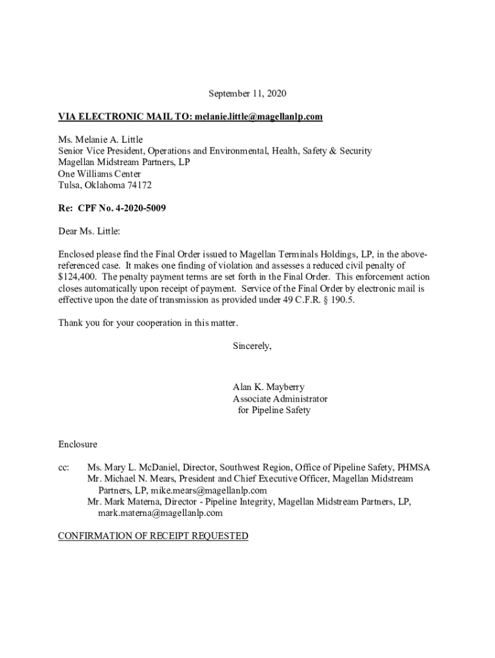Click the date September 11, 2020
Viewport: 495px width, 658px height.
(248, 94)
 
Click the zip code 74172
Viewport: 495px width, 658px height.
(139, 185)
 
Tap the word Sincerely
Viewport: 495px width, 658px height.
(252, 346)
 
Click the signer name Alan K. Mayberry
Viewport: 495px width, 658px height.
(269, 387)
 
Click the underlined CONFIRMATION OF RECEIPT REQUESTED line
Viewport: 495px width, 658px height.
(153, 536)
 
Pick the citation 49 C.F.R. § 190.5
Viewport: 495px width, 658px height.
(318, 300)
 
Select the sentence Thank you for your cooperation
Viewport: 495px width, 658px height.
(148, 323)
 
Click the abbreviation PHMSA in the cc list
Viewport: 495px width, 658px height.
(414, 467)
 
